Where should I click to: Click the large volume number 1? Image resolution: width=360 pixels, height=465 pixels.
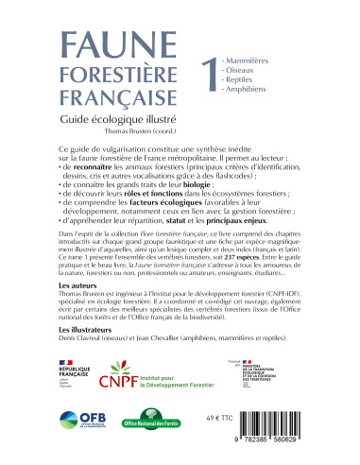(200, 74)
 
